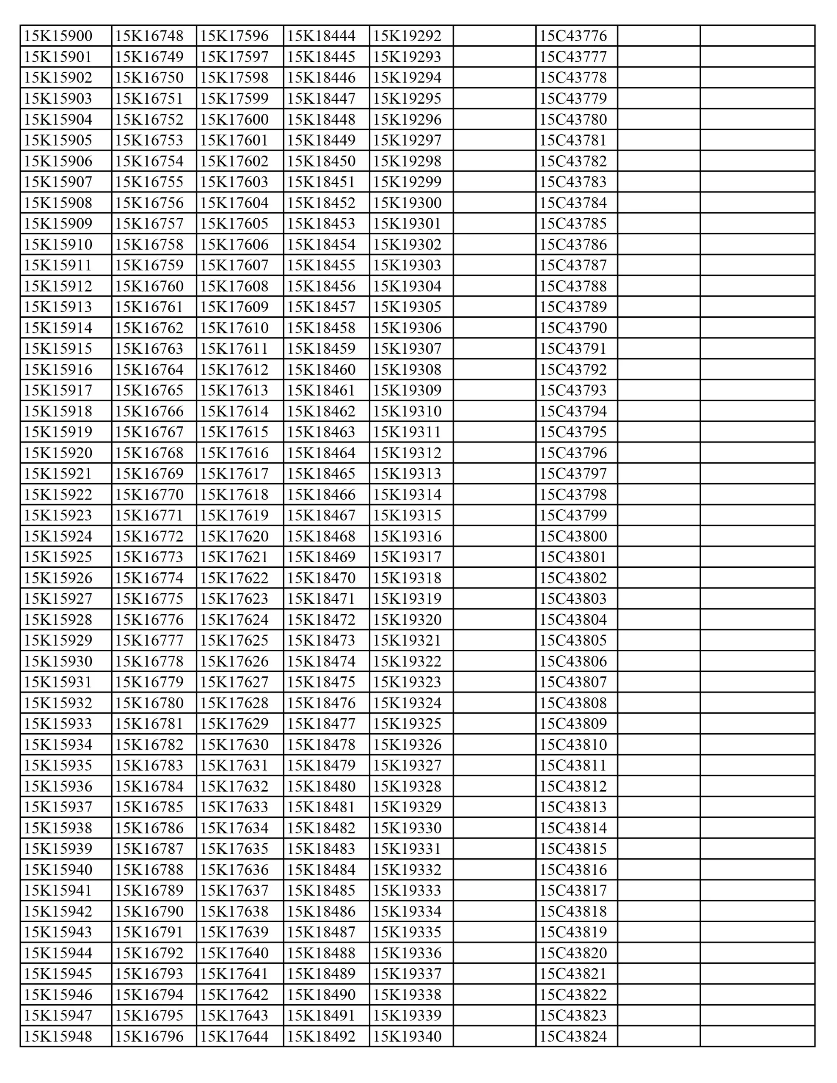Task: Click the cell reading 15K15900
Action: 58,36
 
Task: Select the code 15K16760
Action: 149,286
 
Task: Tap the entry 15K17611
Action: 234,349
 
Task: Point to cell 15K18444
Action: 321,36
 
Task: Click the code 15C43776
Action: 573,36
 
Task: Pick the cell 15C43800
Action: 573,536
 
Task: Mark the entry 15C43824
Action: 573,1036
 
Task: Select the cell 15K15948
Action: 58,1036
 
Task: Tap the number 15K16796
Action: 149,1036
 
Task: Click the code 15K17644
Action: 234,1036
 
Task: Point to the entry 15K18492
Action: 321,1036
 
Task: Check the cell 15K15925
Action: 58,557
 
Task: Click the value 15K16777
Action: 149,640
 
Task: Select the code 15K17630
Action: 234,744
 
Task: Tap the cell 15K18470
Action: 321,578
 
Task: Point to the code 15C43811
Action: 573,765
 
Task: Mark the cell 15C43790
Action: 573,328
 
